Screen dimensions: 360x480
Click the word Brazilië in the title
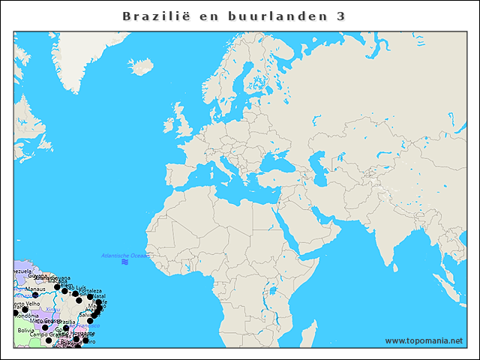click(x=157, y=16)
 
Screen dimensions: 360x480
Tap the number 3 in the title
click(x=341, y=16)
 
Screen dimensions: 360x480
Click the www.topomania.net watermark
click(x=424, y=340)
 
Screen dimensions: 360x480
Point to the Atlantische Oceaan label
click(x=126, y=256)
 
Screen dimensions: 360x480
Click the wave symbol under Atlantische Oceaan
click(x=124, y=263)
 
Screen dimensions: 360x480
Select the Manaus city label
click(x=35, y=289)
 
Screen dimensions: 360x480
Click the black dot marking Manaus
click(x=34, y=295)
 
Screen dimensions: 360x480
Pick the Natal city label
click(x=99, y=295)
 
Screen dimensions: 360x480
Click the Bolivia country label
click(x=26, y=330)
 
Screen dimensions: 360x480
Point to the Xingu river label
click(x=52, y=308)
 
